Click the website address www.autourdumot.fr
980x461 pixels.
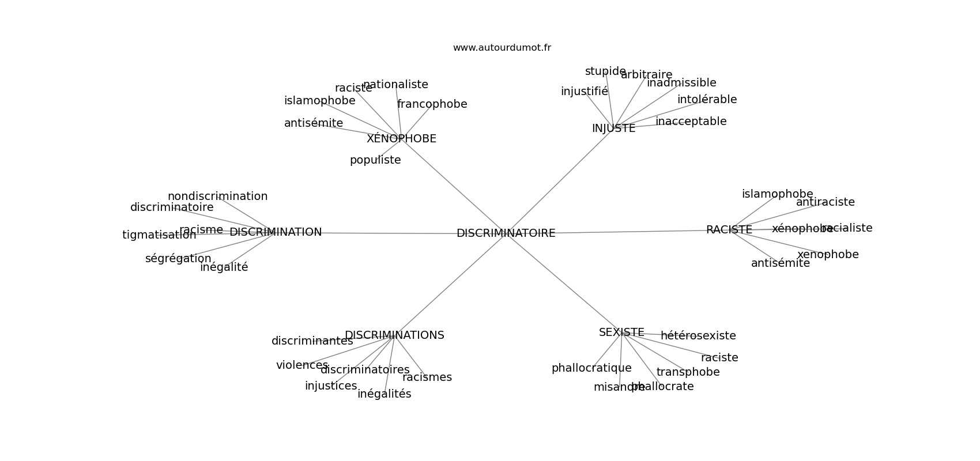(x=502, y=48)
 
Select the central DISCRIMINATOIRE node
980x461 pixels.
(x=506, y=233)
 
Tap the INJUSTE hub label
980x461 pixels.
(x=613, y=129)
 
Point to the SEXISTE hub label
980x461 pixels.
(x=621, y=332)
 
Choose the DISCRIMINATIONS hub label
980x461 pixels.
(x=394, y=335)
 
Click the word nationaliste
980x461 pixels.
(x=395, y=85)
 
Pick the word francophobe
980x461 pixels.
(x=432, y=104)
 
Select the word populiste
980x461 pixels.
(x=375, y=160)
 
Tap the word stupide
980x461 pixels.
(x=605, y=71)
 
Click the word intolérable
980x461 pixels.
(x=707, y=100)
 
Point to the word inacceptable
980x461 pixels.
(x=691, y=122)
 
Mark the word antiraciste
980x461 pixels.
(x=825, y=202)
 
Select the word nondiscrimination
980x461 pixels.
(x=217, y=197)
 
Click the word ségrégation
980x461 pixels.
(x=178, y=259)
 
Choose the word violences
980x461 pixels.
(x=302, y=365)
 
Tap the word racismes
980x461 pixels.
(x=427, y=377)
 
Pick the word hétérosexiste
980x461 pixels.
(x=698, y=336)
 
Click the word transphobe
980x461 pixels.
(x=688, y=372)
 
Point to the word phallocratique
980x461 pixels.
(x=591, y=368)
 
